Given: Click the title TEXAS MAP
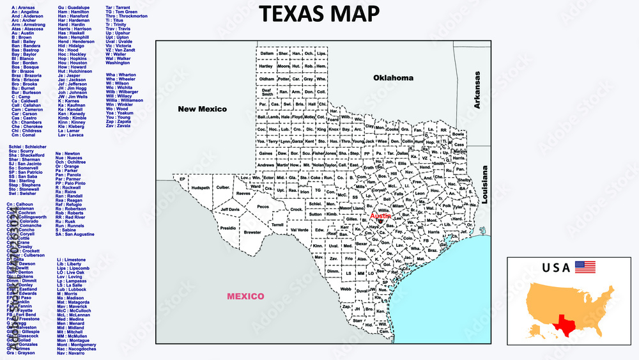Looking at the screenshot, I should (x=319, y=13).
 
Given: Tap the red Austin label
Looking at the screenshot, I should (x=380, y=216).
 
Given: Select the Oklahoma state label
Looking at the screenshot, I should (x=393, y=78).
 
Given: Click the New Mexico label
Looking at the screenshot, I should (x=202, y=109).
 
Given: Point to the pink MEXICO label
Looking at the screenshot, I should (x=246, y=296).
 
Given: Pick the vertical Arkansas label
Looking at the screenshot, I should (x=477, y=90).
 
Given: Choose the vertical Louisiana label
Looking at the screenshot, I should (x=485, y=185).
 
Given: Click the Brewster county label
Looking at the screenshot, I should (x=252, y=233).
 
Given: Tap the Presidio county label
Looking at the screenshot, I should (x=228, y=228).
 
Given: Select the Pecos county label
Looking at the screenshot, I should (x=263, y=207).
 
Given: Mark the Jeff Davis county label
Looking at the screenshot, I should (x=230, y=210).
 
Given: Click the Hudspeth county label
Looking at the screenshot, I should (x=201, y=188).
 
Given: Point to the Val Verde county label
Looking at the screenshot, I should (x=299, y=230).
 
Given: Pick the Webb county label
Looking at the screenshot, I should (x=346, y=289).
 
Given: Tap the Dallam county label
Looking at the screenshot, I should (x=266, y=53).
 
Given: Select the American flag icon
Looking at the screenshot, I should (x=585, y=267).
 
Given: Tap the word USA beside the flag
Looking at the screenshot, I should (x=556, y=268).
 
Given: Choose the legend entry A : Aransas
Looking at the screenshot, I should (x=24, y=7).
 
